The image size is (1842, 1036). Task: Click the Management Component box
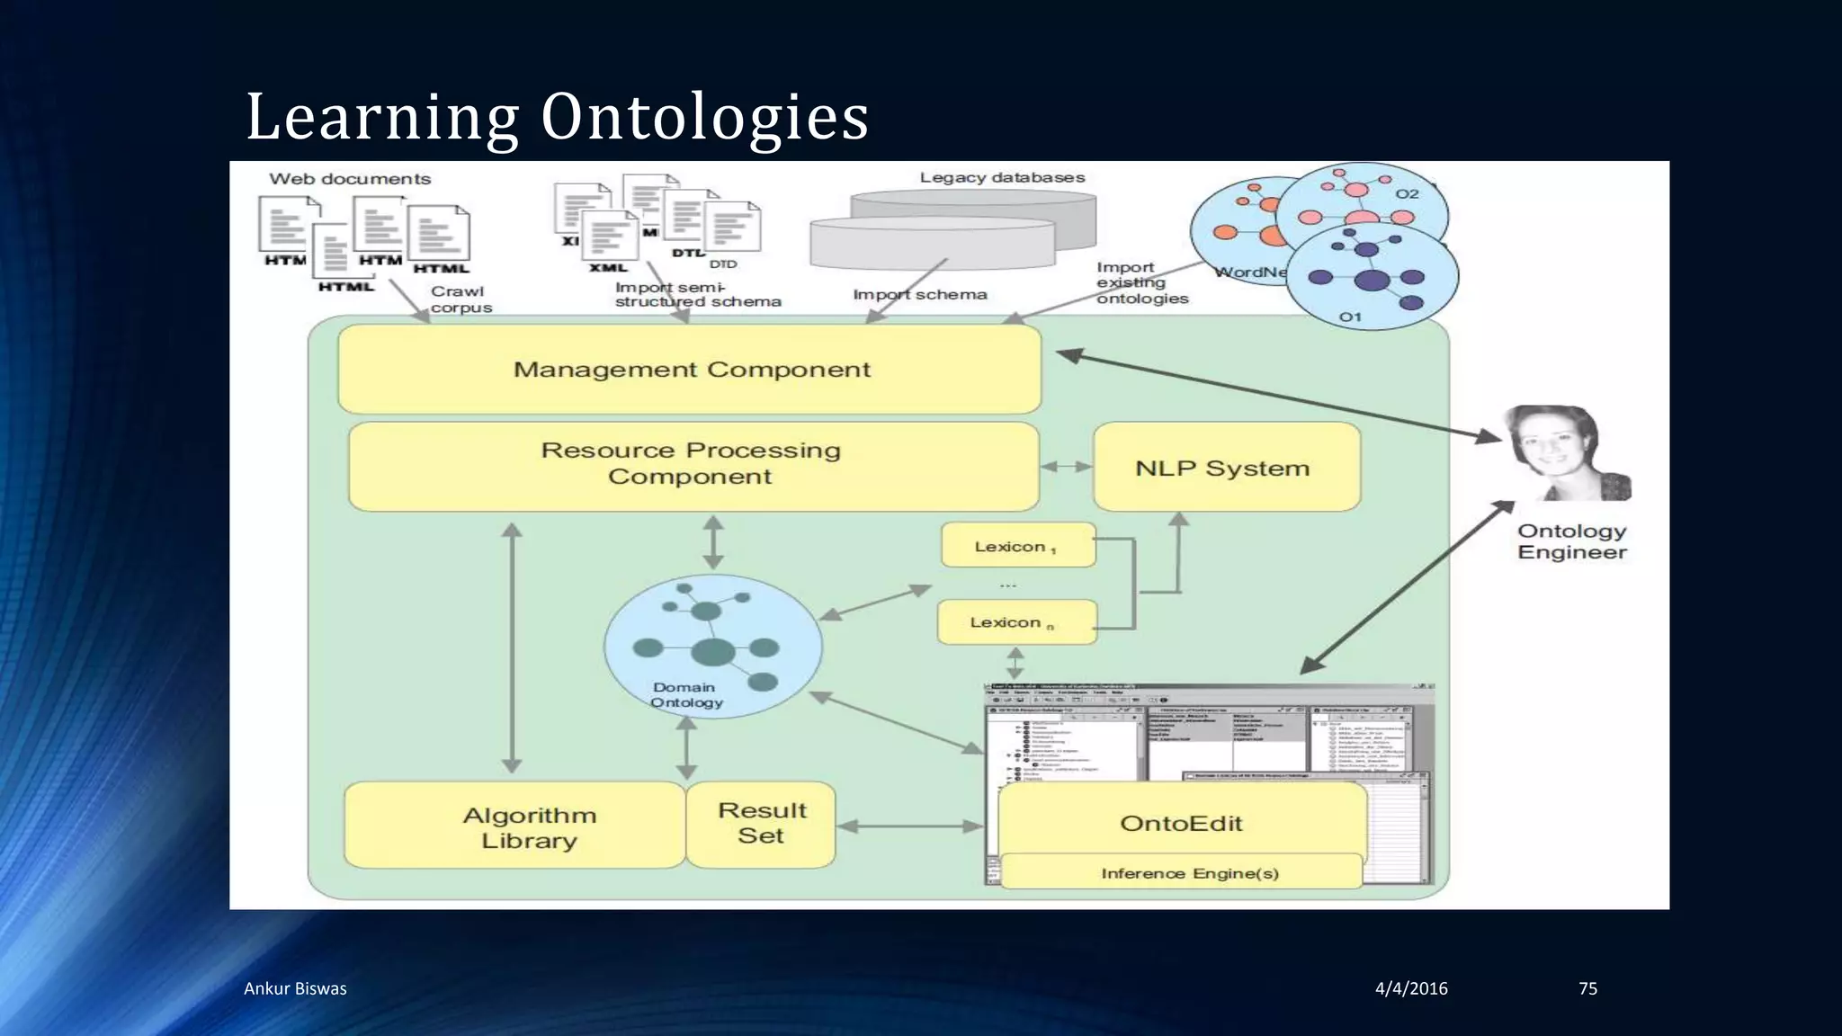tap(690, 370)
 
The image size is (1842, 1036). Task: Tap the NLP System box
tap(1225, 468)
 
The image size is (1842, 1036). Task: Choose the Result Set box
tap(761, 824)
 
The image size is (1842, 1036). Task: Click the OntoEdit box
tap(1181, 822)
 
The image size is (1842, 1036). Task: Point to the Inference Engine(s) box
tap(1189, 873)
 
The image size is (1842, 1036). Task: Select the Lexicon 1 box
tap(1018, 546)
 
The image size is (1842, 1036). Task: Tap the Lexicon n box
tap(1016, 622)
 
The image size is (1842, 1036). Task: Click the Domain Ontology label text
tap(685, 695)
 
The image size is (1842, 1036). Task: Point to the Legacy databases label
tap(1002, 178)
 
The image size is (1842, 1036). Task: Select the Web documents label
tap(350, 179)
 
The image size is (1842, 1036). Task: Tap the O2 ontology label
tap(1407, 194)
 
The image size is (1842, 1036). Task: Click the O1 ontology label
tap(1351, 317)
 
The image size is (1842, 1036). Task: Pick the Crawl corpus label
tap(460, 299)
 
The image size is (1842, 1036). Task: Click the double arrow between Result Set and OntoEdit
tap(910, 826)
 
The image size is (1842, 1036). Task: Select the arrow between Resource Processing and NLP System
tap(1066, 467)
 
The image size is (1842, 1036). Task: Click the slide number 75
tap(1587, 988)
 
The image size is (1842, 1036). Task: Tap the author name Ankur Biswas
tap(295, 988)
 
